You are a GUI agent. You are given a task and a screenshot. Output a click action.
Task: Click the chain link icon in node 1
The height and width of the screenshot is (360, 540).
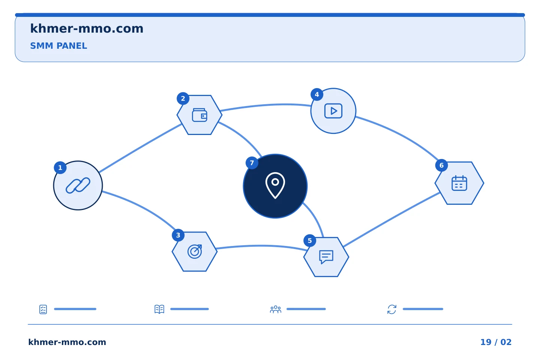[78, 185]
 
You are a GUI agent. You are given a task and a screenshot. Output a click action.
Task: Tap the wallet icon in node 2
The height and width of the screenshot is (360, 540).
[199, 115]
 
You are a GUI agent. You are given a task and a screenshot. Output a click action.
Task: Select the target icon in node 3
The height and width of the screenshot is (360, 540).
[195, 252]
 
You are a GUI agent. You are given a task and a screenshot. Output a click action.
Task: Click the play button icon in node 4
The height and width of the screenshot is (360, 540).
[333, 111]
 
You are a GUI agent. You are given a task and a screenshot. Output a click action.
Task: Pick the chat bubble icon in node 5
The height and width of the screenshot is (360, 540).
[326, 257]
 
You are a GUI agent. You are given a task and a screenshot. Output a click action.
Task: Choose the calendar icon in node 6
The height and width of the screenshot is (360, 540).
[459, 183]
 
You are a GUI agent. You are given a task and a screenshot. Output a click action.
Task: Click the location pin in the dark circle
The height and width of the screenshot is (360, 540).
[275, 185]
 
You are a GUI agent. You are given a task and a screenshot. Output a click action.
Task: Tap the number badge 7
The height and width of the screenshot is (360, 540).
[252, 163]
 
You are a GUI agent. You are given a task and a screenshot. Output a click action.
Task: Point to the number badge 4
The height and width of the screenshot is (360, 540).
[317, 94]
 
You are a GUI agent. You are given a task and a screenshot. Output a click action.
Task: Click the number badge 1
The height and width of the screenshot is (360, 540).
[60, 168]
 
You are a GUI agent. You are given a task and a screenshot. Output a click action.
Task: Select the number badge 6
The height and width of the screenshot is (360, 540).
[441, 165]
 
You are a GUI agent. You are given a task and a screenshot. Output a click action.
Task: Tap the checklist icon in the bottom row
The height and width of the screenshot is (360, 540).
[43, 309]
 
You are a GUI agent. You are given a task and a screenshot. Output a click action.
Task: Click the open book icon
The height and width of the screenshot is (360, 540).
[159, 309]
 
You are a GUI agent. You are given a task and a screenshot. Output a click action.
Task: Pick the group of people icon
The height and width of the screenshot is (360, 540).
[276, 309]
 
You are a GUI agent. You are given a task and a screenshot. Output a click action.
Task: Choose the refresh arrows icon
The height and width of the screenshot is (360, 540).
[392, 309]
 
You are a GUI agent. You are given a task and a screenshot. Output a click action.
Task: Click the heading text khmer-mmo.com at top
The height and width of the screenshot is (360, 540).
[87, 28]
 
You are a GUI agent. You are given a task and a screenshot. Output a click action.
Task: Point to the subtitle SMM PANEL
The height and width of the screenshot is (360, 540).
[58, 46]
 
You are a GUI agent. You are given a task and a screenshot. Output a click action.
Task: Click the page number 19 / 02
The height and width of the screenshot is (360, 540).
[496, 342]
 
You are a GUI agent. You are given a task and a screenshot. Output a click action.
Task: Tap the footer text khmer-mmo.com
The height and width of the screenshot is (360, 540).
[67, 342]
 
